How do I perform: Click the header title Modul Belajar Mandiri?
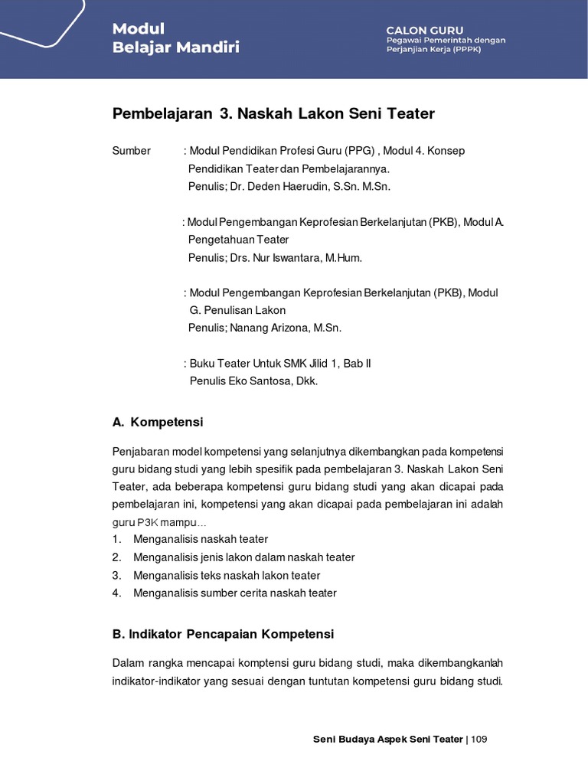tap(175, 38)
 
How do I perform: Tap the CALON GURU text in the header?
tap(424, 30)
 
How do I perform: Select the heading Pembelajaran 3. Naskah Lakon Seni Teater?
tap(273, 114)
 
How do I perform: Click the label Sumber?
tap(132, 151)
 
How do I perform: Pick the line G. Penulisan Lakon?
tap(237, 310)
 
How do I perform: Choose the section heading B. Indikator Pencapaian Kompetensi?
tap(223, 635)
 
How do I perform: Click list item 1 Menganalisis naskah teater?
tap(201, 539)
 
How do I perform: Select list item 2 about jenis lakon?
tap(243, 557)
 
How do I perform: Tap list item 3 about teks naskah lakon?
tap(227, 575)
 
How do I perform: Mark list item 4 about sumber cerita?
tap(234, 593)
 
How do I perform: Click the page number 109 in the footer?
tap(479, 739)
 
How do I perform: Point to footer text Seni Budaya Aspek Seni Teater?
tap(388, 739)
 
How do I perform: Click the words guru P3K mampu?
tap(159, 522)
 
